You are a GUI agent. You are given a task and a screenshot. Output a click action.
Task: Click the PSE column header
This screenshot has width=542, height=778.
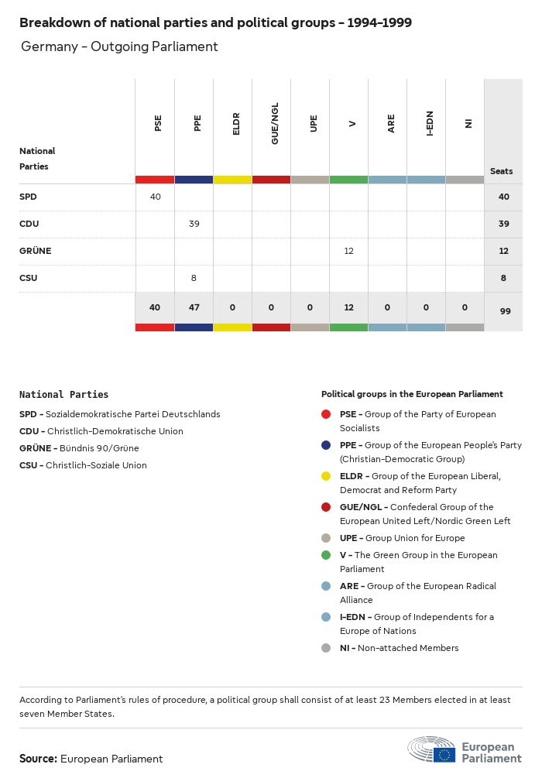coord(158,124)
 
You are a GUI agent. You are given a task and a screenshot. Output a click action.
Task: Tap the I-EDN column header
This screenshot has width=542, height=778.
coord(430,125)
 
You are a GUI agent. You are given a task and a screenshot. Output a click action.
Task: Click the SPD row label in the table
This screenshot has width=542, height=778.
coord(28,197)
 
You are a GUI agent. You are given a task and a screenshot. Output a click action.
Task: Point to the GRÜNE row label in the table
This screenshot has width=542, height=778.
coord(35,251)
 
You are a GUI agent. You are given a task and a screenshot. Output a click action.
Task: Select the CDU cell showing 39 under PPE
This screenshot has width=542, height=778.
coord(194,224)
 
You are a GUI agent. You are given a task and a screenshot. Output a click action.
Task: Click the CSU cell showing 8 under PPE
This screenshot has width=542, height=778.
coord(194,278)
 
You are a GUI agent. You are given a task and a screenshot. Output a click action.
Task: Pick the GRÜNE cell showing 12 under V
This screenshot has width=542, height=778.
coord(348,251)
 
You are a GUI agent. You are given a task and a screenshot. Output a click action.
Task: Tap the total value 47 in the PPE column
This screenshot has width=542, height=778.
coord(194,307)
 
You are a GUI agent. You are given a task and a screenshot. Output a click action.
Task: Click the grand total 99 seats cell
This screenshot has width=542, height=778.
coord(503,310)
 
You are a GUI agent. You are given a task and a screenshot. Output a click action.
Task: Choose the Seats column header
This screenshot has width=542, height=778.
coord(502,171)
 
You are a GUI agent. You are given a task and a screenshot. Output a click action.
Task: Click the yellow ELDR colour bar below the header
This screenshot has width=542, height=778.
coord(232,180)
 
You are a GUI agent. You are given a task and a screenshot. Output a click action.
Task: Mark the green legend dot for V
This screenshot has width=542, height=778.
coord(326,555)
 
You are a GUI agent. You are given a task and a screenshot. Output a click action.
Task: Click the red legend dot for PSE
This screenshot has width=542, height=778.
coord(326,414)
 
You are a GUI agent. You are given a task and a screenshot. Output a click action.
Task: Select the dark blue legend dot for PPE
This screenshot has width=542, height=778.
coord(326,445)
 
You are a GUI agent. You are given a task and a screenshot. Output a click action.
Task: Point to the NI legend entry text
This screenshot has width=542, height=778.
coord(399,648)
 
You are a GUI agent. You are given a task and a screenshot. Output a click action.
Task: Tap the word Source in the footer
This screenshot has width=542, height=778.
coord(38,759)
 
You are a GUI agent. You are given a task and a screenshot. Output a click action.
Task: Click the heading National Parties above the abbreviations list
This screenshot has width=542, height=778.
coord(63,394)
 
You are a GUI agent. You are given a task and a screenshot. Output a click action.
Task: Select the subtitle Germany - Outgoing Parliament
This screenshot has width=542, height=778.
coord(119,46)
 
